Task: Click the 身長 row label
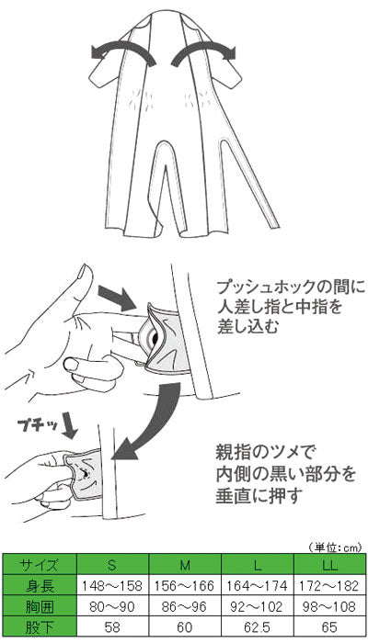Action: [x=40, y=584]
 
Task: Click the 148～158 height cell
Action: [x=112, y=584]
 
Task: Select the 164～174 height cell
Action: [x=257, y=584]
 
